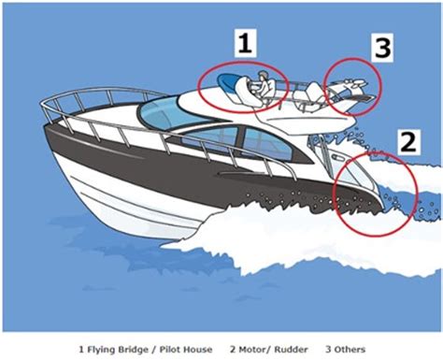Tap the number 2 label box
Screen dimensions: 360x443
(x=406, y=141)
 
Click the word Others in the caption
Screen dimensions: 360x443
(x=348, y=350)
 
